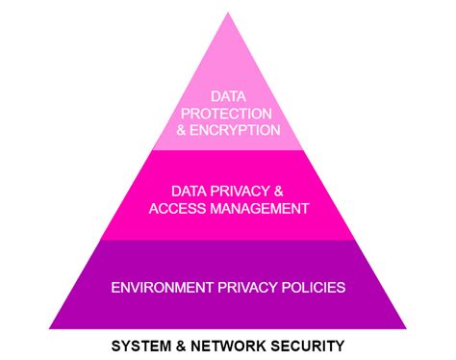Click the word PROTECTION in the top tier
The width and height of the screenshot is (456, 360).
[x=228, y=112]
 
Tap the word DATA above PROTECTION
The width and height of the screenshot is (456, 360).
[x=228, y=96]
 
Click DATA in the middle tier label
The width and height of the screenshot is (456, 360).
[x=190, y=190]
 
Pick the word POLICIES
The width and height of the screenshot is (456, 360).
[x=311, y=286]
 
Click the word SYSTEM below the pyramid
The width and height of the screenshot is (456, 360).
[x=139, y=344]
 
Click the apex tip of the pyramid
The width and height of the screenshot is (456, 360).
[x=228, y=13]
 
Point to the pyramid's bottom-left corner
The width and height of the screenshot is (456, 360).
[x=48, y=328]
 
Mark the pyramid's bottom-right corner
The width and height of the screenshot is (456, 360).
[x=408, y=328]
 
